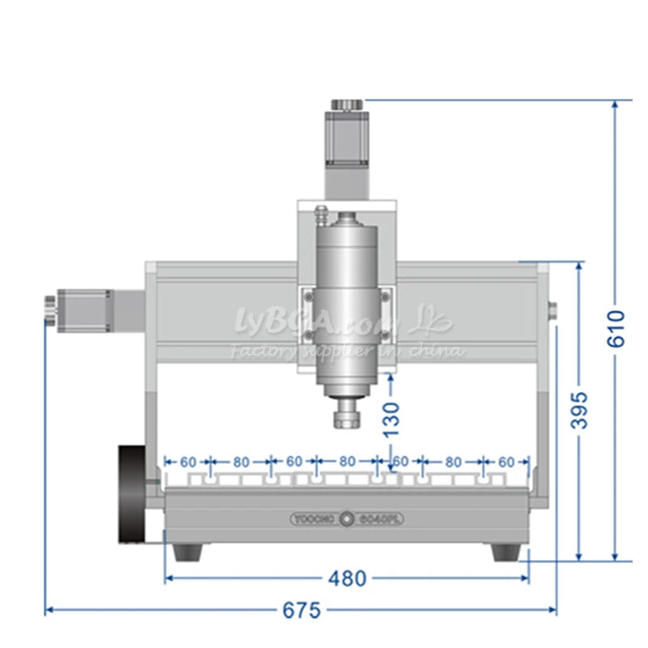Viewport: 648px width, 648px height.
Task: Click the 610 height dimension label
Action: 617,327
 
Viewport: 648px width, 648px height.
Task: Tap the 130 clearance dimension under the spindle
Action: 391,419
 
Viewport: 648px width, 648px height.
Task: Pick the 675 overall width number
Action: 301,610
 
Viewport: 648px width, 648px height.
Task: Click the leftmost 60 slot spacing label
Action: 188,462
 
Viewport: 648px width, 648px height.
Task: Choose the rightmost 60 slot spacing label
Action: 505,462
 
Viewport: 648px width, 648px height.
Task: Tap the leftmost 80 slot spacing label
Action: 241,462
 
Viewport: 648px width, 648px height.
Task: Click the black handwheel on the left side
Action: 132,493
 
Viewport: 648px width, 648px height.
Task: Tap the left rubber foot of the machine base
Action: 188,552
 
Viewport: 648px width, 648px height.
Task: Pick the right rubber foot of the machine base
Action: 506,552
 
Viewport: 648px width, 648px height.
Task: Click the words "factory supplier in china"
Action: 348,351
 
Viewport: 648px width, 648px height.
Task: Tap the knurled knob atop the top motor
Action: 347,105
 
